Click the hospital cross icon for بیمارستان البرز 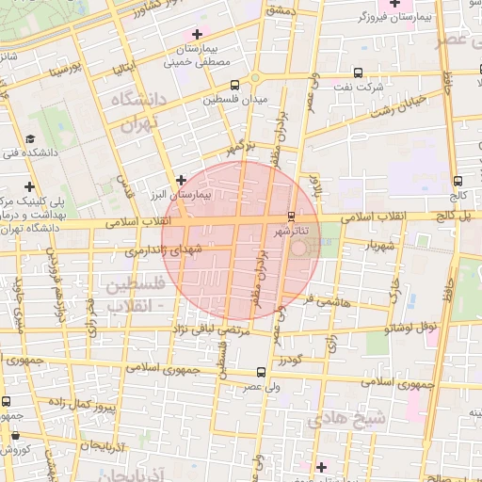(182, 178)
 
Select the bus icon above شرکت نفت (359, 72)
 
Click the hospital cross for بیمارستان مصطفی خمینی (196, 35)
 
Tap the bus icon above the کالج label (458, 181)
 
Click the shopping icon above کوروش (16, 435)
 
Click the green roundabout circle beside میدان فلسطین (254, 78)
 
